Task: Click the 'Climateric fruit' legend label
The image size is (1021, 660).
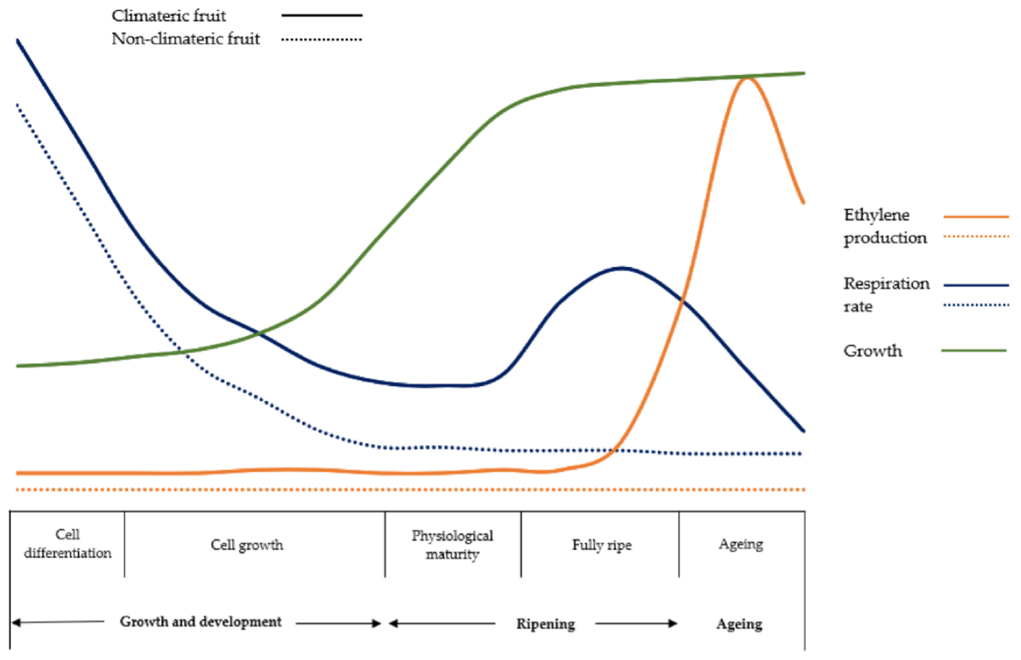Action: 168,16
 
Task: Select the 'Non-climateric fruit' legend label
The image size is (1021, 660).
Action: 186,39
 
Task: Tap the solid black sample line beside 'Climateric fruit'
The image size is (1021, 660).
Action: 321,15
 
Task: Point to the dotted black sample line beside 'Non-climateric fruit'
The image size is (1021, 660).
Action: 321,40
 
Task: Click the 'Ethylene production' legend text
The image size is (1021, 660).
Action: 885,226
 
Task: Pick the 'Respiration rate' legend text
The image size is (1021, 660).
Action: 886,295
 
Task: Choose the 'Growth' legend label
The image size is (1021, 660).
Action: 872,351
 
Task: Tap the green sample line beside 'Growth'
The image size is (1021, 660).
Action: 974,351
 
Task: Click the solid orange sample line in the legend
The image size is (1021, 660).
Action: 976,217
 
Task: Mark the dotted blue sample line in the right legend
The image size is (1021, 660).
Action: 976,305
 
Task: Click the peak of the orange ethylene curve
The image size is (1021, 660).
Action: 747,78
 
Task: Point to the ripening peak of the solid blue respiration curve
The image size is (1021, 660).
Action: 622,268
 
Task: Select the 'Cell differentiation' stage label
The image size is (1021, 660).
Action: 67,544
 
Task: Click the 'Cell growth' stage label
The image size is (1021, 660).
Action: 247,545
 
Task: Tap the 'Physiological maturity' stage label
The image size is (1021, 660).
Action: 452,545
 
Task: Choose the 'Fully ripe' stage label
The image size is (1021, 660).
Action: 602,545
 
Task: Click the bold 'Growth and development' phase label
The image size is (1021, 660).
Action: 201,622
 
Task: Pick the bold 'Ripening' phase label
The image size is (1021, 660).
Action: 545,624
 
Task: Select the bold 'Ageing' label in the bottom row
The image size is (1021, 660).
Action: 739,624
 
